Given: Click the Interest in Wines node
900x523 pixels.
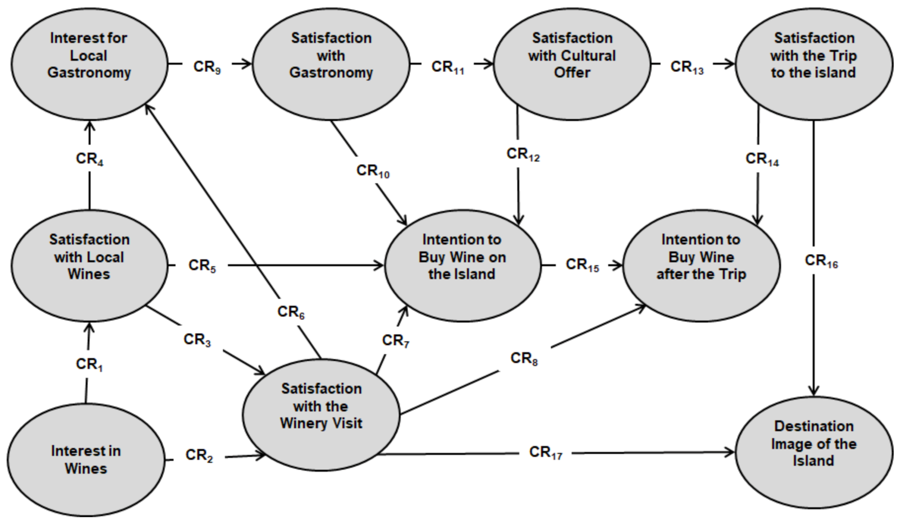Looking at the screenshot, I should pos(86,459).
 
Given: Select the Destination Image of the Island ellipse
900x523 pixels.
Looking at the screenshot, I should pos(814,452).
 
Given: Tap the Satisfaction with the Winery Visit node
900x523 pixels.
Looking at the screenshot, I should pos(321,414).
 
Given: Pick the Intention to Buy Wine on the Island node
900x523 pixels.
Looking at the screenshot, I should pos(462,266).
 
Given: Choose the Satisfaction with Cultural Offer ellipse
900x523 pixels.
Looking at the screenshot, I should pos(572,64).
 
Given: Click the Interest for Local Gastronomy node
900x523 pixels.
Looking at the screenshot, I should pos(89,64).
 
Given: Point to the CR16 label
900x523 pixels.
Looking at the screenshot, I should pos(821,261).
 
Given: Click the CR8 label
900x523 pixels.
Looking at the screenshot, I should pos(524,358).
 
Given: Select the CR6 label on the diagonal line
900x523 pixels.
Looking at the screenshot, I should pos(291,312).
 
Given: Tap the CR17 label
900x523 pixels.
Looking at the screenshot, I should pos(545,453).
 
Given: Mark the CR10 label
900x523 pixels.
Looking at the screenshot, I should pos(373,171).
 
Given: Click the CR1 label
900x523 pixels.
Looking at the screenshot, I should pos(89,365).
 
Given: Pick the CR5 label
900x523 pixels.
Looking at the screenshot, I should pos(202,266).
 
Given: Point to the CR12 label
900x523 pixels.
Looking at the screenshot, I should pos(523,154).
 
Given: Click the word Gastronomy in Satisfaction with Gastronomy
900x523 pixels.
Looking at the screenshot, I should pos(331,72).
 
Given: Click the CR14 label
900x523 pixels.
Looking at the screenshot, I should pos(762,159).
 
